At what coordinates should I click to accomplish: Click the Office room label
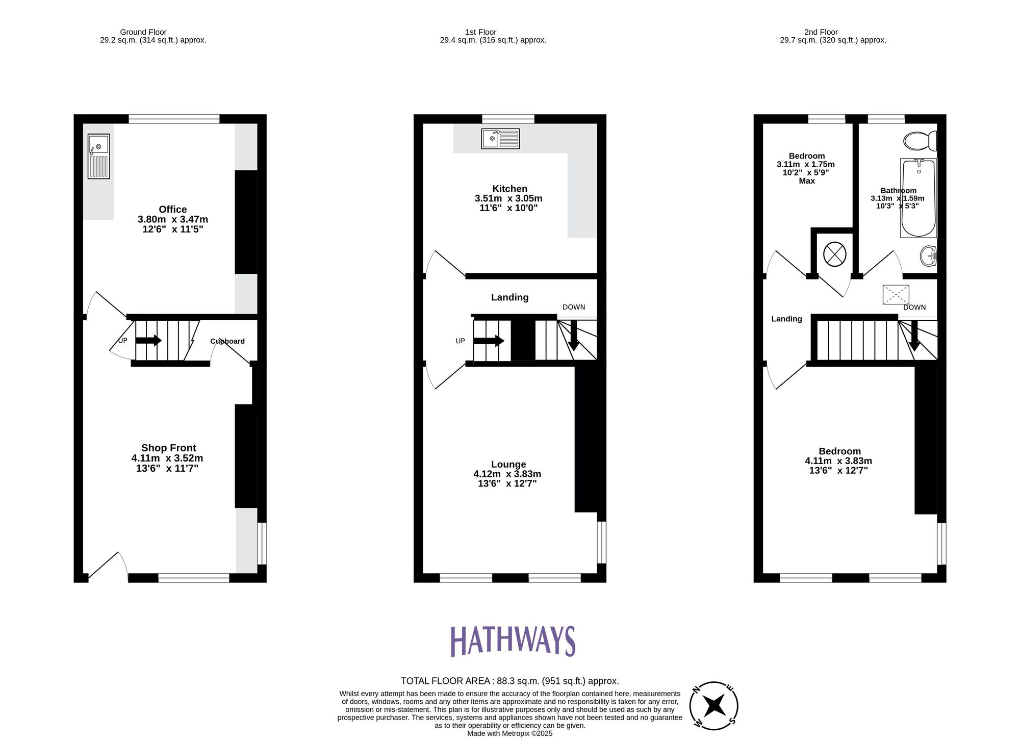click(172, 210)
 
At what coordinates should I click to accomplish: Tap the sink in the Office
click(98, 156)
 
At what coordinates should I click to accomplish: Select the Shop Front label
click(168, 448)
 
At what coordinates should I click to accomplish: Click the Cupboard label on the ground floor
click(227, 341)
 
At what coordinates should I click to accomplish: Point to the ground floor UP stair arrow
click(148, 340)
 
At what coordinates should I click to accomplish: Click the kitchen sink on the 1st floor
click(500, 139)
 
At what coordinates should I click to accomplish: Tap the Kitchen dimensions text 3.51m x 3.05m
click(508, 198)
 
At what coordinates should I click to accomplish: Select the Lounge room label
click(508, 464)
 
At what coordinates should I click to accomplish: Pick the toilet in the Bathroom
click(919, 140)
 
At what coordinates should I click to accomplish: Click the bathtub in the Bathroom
click(919, 198)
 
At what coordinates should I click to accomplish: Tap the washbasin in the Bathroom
click(929, 256)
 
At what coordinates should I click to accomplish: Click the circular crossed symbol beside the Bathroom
click(834, 254)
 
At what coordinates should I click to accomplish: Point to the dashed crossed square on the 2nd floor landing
click(896, 295)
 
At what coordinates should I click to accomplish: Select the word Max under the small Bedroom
click(806, 181)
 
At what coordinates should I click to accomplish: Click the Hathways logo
click(513, 641)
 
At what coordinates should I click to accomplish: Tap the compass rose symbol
click(713, 706)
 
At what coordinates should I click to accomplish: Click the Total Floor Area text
click(509, 681)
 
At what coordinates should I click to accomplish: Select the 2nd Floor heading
click(821, 32)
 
